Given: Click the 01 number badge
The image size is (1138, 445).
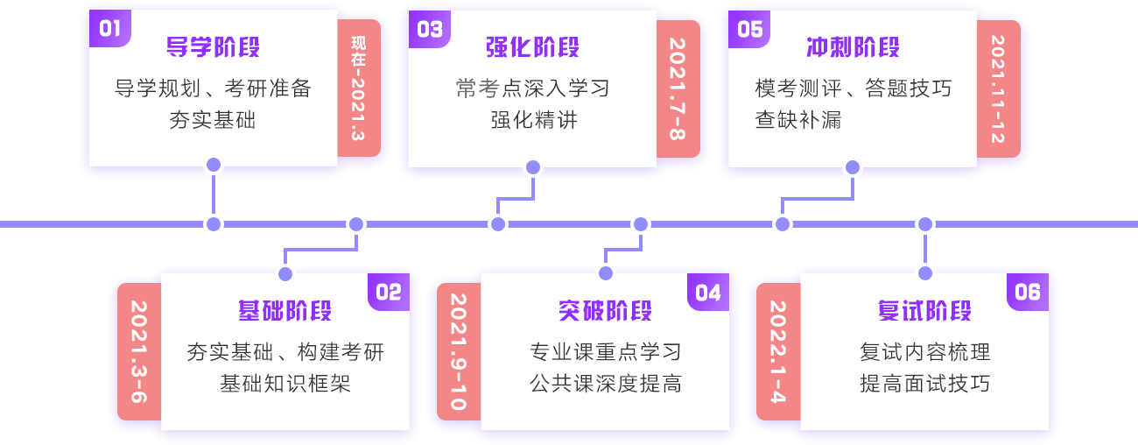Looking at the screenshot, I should pyautogui.click(x=109, y=29).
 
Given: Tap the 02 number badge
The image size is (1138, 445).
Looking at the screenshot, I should pyautogui.click(x=389, y=292).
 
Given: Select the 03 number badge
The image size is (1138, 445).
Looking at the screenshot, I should pyautogui.click(x=429, y=29).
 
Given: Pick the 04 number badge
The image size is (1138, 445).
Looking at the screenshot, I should pyautogui.click(x=708, y=292).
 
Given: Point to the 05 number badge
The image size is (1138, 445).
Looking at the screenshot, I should pyautogui.click(x=749, y=29).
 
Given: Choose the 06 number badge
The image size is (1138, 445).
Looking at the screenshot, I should pyautogui.click(x=1028, y=292).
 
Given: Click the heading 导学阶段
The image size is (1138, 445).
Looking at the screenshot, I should pyautogui.click(x=214, y=47).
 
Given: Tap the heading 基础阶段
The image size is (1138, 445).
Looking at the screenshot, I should pyautogui.click(x=285, y=311).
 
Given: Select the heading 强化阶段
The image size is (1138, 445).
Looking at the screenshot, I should pyautogui.click(x=533, y=47).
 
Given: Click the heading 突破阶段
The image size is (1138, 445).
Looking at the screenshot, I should pyautogui.click(x=606, y=311).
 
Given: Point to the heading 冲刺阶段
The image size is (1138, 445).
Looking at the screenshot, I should pyautogui.click(x=853, y=47).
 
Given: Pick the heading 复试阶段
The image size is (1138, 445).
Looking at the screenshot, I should pyautogui.click(x=925, y=311).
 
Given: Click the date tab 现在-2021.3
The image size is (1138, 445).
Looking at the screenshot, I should pyautogui.click(x=358, y=88).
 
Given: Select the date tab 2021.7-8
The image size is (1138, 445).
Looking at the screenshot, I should pyautogui.click(x=678, y=88).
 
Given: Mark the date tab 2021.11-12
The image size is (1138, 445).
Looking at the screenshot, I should pyautogui.click(x=998, y=88).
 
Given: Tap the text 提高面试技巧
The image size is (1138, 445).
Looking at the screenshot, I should pyautogui.click(x=925, y=384).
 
